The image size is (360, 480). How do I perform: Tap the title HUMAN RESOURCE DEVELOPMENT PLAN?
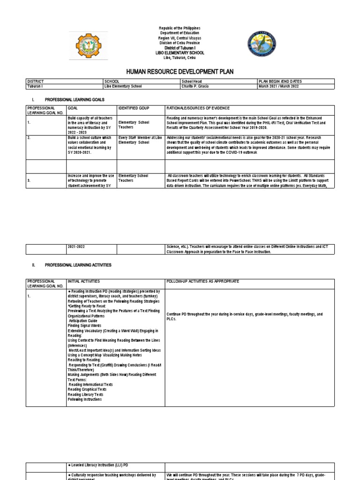180,71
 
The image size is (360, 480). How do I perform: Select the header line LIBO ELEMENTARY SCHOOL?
180,53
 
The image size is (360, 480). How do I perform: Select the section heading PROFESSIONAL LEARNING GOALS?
75,100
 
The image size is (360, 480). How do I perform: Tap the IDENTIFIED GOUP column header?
134,108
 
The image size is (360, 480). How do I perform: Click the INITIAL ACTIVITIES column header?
87,281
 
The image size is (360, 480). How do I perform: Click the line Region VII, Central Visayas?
180,38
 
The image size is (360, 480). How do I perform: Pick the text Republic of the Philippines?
180,29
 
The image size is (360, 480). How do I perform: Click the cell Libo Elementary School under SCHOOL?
123,86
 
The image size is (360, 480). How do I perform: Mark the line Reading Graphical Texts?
87,389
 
